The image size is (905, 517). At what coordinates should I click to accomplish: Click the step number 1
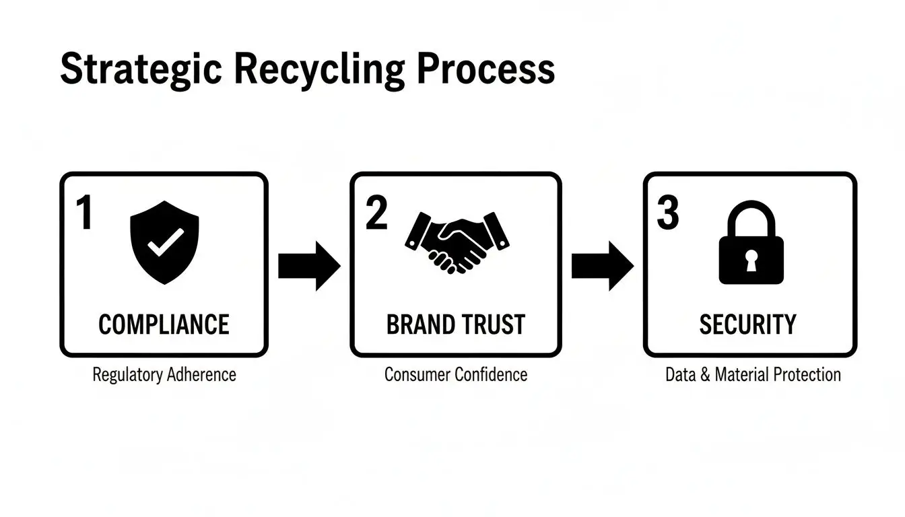[x=84, y=213]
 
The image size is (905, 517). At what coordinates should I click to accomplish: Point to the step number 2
[x=376, y=213]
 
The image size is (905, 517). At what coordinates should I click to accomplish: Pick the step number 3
[x=668, y=213]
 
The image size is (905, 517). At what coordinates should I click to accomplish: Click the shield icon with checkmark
[x=164, y=244]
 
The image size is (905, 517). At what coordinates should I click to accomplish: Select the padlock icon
[x=751, y=244]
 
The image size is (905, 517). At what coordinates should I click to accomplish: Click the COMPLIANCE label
[x=164, y=324]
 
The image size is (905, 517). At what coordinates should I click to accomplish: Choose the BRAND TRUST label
[x=455, y=324]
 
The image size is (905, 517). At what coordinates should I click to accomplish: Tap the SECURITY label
[x=747, y=324]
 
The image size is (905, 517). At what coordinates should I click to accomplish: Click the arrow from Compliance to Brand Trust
[x=309, y=266]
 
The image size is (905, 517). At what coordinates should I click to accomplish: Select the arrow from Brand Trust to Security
[x=602, y=266]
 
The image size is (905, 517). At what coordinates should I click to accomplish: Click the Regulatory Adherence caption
[x=164, y=375]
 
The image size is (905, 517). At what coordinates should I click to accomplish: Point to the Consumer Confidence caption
[x=456, y=374]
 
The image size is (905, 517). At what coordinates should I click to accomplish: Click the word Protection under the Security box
[x=805, y=375]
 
